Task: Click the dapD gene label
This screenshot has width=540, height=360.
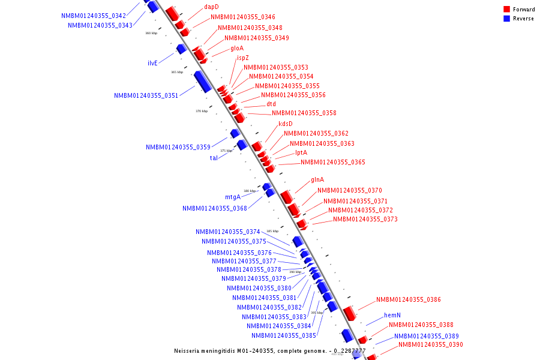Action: click(211, 7)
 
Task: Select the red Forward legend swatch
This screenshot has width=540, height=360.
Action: click(506, 10)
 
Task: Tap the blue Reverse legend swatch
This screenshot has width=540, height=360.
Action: click(506, 19)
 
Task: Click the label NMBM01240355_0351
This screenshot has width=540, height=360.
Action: click(146, 95)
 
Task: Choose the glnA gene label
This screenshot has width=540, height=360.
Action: click(317, 180)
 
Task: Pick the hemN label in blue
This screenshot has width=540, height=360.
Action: click(392, 315)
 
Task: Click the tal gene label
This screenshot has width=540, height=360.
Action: click(214, 158)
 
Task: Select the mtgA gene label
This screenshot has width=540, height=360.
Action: click(233, 197)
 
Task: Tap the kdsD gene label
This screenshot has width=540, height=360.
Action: click(286, 124)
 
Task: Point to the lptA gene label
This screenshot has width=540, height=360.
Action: click(301, 153)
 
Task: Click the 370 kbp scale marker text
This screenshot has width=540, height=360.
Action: click(202, 111)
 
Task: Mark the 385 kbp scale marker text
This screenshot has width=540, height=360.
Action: click(272, 231)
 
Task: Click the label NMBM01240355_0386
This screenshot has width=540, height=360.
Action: click(408, 299)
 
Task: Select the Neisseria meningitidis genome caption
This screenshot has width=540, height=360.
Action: click(269, 351)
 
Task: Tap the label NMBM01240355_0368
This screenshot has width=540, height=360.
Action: click(214, 208)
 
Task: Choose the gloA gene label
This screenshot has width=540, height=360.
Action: click(237, 48)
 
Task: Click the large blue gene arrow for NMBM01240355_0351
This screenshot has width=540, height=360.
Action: click(202, 81)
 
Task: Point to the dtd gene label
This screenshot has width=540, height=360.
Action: click(271, 104)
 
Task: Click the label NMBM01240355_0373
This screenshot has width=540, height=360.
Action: click(365, 219)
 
